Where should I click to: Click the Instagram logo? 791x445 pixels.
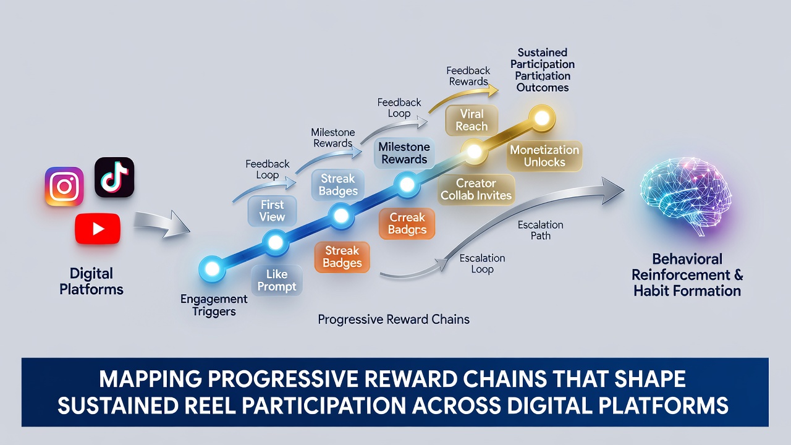point(64,186)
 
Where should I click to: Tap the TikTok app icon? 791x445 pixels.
point(114,177)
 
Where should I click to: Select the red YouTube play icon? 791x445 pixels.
point(98,229)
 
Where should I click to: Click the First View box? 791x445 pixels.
point(273,211)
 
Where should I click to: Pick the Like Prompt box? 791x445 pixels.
point(277,281)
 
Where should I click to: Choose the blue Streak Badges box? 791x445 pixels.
point(338,185)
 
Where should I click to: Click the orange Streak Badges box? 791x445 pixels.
point(342,256)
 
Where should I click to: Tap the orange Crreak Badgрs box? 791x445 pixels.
point(407,224)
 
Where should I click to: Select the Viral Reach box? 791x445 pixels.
point(472,120)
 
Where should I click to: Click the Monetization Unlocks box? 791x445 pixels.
point(544,156)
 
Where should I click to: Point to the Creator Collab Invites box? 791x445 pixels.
point(476,189)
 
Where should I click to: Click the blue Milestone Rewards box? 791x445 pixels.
point(404,153)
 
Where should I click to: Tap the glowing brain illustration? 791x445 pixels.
point(685,196)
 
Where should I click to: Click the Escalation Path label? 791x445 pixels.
point(540,231)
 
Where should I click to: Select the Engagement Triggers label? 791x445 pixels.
point(214,305)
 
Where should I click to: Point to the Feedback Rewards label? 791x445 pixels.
point(468,76)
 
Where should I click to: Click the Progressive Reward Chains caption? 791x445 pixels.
point(394,320)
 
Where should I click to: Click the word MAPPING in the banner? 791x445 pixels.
point(150,379)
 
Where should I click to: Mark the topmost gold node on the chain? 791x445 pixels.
point(542,118)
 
